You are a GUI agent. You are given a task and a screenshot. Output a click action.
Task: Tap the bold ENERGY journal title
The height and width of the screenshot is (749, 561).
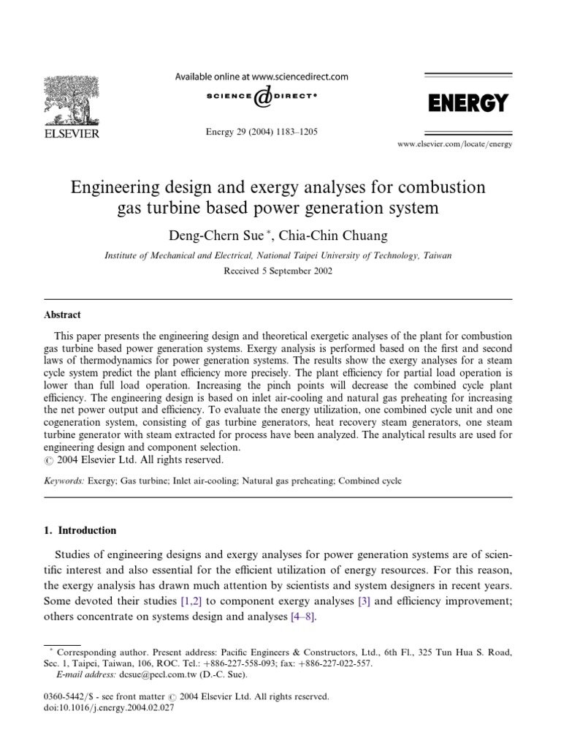[467, 103]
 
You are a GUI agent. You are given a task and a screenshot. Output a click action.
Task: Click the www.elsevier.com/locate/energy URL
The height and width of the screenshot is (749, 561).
[454, 144]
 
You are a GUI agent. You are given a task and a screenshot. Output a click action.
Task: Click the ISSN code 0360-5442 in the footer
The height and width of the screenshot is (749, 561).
[66, 696]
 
